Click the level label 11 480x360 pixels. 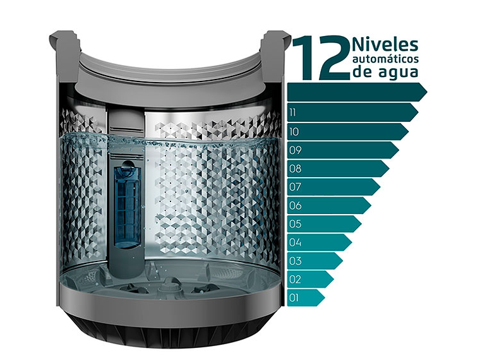[x=292, y=113]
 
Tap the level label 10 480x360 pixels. [x=294, y=132]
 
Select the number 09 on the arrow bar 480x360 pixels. [x=296, y=150]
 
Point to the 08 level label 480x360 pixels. [x=296, y=169]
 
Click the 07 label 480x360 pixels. [x=295, y=187]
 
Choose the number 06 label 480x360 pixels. [x=296, y=205]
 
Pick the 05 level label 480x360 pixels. [x=296, y=224]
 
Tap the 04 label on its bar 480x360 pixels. [x=296, y=243]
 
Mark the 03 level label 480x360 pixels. [x=296, y=261]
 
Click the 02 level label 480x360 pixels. [x=296, y=279]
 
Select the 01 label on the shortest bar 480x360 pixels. [x=294, y=298]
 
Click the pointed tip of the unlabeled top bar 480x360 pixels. [x=427, y=92]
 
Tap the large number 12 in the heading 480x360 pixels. [x=321, y=58]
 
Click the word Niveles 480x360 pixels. [x=385, y=45]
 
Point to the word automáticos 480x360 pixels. [x=385, y=59]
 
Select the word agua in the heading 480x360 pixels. [x=399, y=72]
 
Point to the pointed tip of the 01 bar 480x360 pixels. [x=325, y=297]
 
